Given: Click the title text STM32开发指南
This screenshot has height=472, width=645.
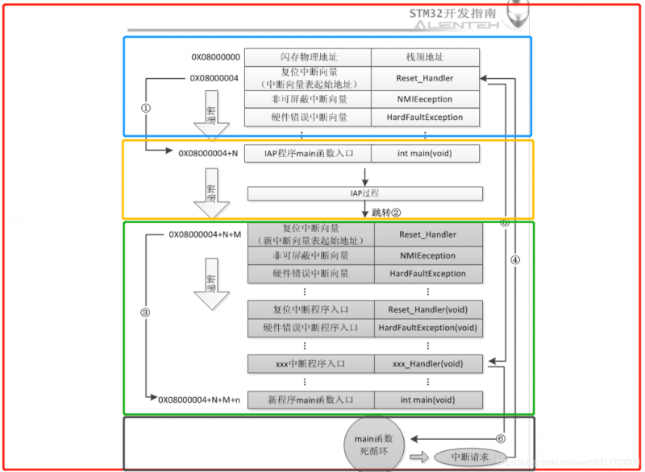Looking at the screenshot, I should point(456,13).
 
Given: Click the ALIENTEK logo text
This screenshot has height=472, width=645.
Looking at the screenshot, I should point(456,26).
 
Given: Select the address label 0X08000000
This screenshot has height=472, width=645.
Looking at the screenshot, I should point(215,57).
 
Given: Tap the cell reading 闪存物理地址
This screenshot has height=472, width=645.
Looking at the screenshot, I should point(308,57).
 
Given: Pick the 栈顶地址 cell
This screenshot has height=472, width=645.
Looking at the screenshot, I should point(425,57).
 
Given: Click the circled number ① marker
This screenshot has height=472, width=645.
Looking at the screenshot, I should point(146,109).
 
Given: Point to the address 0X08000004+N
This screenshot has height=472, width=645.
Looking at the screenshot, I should point(209,152).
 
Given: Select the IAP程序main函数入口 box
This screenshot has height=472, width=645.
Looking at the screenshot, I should point(308,152).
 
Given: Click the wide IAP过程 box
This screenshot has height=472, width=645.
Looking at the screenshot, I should point(364,193).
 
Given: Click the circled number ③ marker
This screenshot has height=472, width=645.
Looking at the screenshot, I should point(146,313).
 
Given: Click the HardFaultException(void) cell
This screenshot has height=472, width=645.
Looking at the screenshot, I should point(427,328).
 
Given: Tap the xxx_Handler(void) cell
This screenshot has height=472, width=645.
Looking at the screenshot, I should point(427,364).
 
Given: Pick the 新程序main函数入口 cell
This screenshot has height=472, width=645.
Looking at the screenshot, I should point(310,400).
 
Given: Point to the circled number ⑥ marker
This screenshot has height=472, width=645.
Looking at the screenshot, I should point(501,438).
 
